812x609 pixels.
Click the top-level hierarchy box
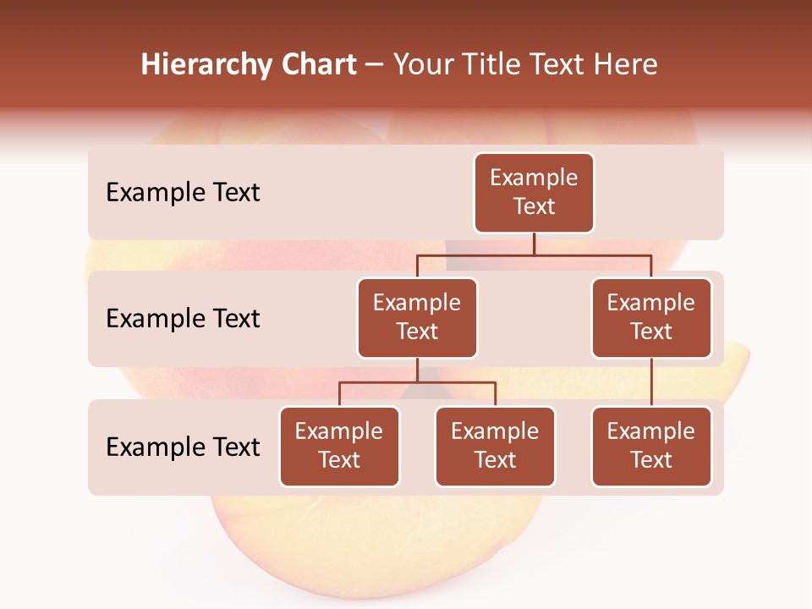[534, 193]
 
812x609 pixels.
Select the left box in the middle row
[417, 318]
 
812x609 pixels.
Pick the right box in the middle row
[651, 318]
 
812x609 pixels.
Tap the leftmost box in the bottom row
[339, 447]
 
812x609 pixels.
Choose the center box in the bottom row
[495, 447]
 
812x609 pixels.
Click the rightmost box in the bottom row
[651, 447]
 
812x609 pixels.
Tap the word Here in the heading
[625, 65]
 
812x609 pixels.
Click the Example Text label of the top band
[183, 193]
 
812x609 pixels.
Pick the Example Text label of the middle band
[183, 319]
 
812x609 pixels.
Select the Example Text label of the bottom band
[183, 447]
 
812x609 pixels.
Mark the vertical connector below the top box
[534, 244]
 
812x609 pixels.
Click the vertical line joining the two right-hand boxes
[651, 382]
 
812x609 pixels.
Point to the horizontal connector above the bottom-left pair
[417, 382]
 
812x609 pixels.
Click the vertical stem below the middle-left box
[417, 370]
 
